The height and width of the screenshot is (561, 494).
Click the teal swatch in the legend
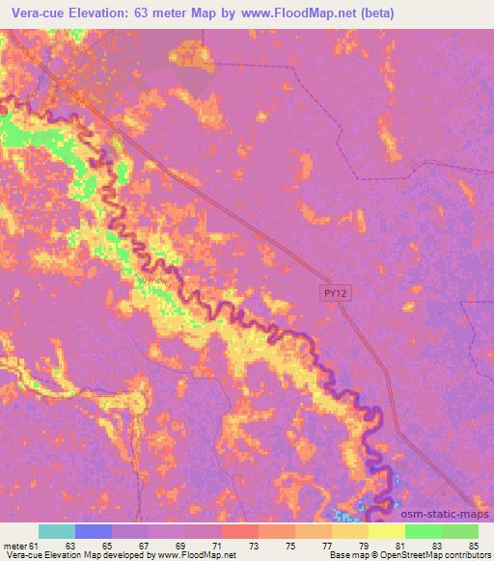[57, 532]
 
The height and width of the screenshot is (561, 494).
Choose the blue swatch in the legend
[94, 532]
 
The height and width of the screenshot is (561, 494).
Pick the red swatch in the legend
[240, 532]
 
